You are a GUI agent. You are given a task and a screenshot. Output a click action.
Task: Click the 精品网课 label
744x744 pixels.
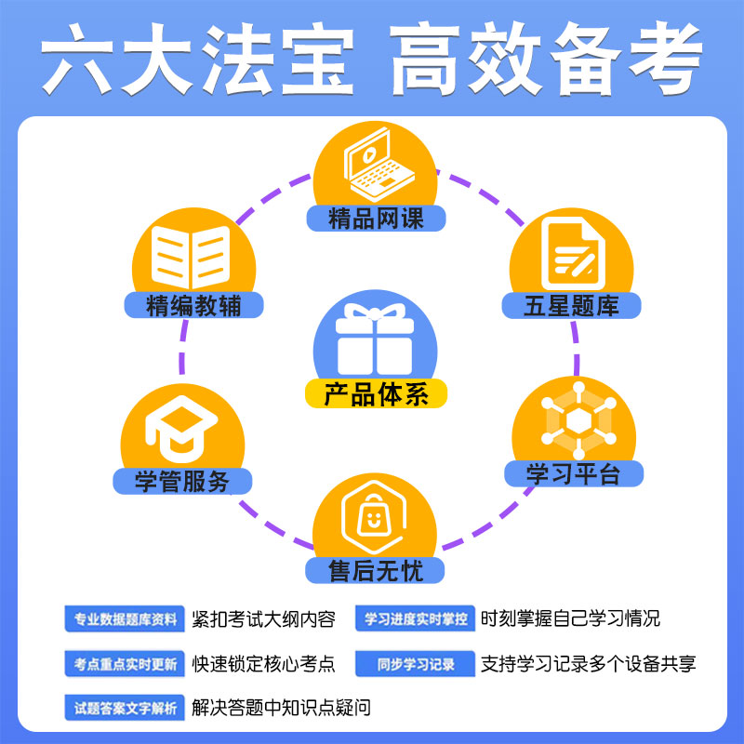click(376, 219)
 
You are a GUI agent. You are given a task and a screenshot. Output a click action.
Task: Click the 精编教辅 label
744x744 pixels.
click(193, 305)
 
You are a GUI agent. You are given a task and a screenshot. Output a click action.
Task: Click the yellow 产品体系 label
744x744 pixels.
click(377, 394)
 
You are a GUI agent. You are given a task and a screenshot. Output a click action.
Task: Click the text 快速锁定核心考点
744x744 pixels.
click(263, 664)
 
